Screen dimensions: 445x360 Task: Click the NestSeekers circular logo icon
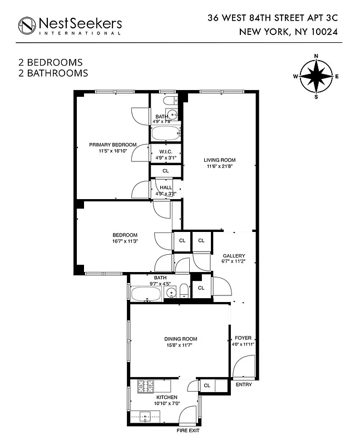pos(27,25)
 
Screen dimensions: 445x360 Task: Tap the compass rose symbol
pos(316,76)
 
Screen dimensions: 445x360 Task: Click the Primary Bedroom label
pos(113,145)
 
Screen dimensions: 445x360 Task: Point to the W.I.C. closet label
pos(165,151)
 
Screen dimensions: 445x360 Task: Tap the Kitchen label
pos(166,397)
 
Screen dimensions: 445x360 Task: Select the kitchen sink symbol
pos(146,416)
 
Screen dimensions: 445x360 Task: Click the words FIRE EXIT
pos(188,431)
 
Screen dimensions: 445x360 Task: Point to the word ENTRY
pos(244,384)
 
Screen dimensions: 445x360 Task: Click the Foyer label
pos(243,338)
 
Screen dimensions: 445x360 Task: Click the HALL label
pos(166,187)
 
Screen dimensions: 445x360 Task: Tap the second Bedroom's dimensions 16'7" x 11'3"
pos(125,241)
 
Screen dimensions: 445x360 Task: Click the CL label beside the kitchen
pos(206,385)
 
